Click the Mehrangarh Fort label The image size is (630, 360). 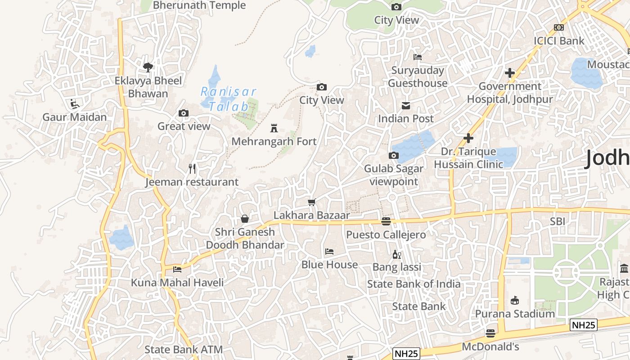click(x=274, y=141)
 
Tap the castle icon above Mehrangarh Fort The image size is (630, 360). click(x=274, y=128)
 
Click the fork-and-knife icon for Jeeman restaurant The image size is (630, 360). click(x=192, y=169)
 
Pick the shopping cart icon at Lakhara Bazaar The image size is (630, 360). click(x=312, y=202)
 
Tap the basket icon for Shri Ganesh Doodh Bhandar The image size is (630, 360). click(x=245, y=219)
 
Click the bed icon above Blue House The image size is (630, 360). click(x=329, y=251)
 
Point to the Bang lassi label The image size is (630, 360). click(x=396, y=267)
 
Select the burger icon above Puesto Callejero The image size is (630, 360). click(x=386, y=221)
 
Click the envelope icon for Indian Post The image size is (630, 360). click(x=405, y=106)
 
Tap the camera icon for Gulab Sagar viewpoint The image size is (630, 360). click(x=394, y=156)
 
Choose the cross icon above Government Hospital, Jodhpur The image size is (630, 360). click(x=509, y=73)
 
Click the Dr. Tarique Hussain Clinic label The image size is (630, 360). click(x=468, y=158)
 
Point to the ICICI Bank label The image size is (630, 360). click(x=559, y=41)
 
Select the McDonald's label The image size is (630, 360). click(x=490, y=347)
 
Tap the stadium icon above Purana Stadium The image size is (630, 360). click(x=515, y=300)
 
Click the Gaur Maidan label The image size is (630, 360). click(x=75, y=117)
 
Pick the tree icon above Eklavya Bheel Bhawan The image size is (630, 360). click(x=148, y=67)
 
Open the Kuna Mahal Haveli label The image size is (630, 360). click(x=177, y=283)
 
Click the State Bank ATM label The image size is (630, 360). click(x=184, y=350)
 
